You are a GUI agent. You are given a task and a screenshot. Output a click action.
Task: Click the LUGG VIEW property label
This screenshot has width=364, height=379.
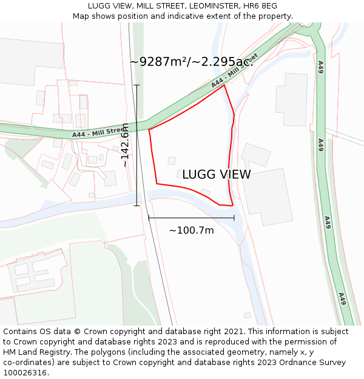click(x=216, y=175)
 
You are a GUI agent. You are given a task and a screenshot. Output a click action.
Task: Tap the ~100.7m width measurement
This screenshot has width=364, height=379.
click(x=191, y=230)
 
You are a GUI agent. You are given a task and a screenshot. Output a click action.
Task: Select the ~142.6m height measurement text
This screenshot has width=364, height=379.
click(x=125, y=146)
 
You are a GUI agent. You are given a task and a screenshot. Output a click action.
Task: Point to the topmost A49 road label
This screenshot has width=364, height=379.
click(x=320, y=67)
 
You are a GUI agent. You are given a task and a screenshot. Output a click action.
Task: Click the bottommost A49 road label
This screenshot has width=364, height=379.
click(x=342, y=298)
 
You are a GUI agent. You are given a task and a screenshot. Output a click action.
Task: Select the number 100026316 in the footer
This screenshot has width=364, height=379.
click(x=25, y=373)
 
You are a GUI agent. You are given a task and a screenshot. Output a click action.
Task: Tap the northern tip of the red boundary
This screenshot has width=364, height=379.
click(x=224, y=85)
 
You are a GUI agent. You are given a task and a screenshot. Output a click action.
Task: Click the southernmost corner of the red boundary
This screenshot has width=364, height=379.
click(x=232, y=206)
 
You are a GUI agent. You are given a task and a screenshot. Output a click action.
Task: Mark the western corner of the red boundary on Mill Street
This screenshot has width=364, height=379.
click(x=149, y=129)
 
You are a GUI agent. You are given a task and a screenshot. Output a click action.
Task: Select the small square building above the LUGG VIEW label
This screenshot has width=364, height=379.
click(x=172, y=161)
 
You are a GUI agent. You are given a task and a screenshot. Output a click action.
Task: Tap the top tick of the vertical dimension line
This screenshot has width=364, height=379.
click(x=137, y=85)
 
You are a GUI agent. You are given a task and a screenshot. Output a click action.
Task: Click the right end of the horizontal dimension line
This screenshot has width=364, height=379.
click(x=234, y=218)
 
